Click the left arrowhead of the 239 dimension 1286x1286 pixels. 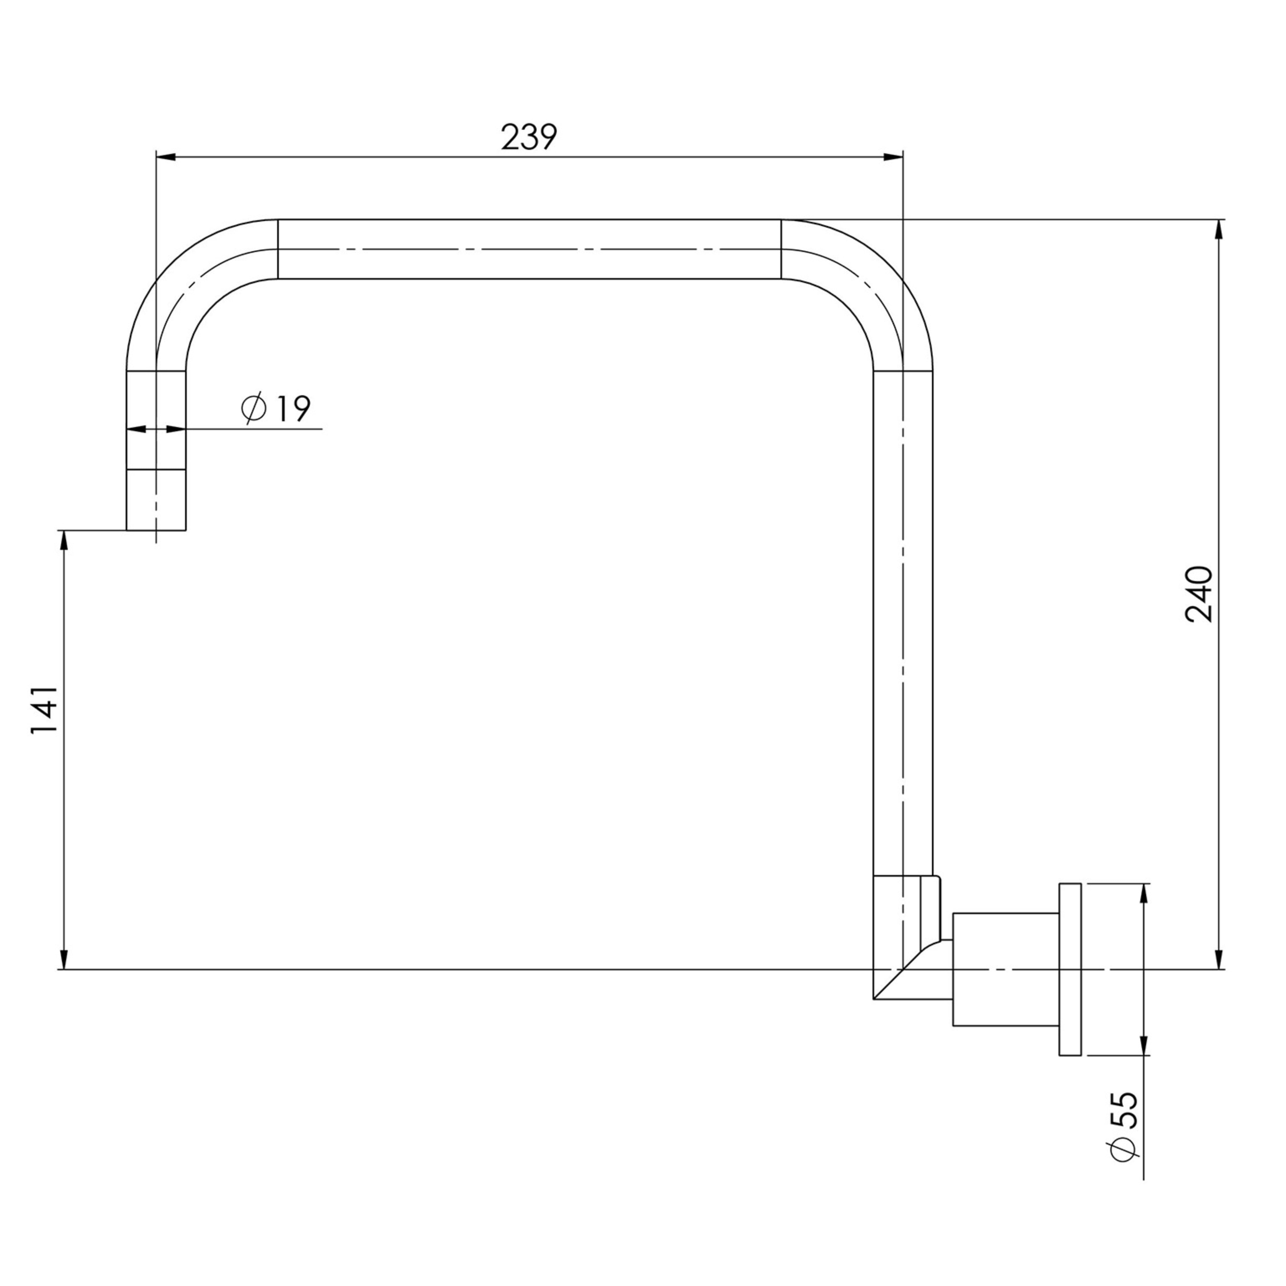coord(165,157)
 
